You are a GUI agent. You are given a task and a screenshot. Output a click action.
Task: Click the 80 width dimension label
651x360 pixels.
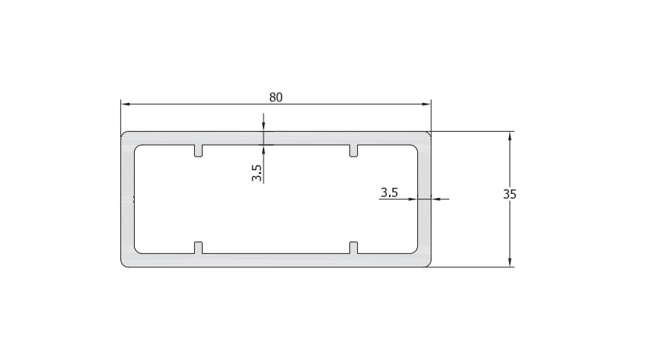coord(276,97)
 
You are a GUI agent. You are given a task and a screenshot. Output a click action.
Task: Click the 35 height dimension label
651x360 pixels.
coord(509,194)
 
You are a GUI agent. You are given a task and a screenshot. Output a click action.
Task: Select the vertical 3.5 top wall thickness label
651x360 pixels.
coord(257,173)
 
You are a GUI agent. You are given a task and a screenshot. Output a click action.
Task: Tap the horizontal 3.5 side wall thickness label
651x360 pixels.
coord(389,192)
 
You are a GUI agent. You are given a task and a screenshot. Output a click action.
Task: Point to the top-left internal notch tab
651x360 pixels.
coord(199,151)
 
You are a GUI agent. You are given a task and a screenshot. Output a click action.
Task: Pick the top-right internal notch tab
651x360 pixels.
coord(353,151)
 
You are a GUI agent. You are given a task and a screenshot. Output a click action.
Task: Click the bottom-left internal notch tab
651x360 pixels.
coord(199,248)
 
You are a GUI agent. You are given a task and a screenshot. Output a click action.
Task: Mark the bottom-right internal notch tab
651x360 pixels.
coord(353,248)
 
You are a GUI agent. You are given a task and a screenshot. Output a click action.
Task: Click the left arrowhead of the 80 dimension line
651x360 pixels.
coord(125,104)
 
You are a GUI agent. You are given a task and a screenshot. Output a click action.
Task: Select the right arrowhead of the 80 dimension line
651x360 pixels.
coord(427,104)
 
